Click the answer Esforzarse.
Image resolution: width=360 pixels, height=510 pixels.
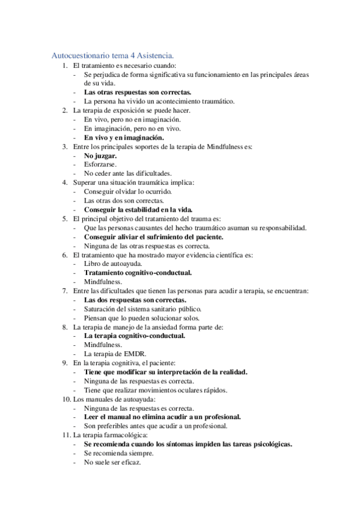tap(100, 164)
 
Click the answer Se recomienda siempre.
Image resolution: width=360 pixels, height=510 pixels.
tap(114, 453)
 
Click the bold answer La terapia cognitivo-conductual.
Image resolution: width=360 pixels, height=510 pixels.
tap(135, 336)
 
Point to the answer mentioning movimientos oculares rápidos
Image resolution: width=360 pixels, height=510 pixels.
tap(156, 390)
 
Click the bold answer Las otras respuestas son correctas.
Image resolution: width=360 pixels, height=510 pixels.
tap(138, 92)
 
